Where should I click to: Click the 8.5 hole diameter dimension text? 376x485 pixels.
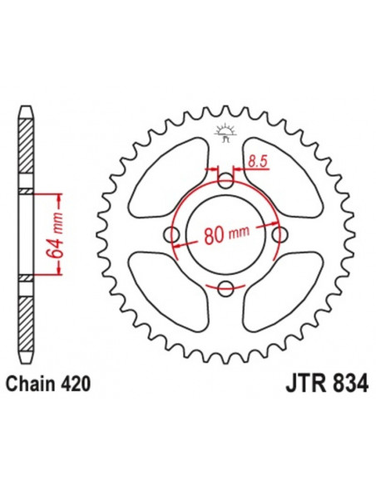(258, 161)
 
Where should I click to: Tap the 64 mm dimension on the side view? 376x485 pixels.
(55, 235)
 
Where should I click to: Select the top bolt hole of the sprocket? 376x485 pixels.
(225, 181)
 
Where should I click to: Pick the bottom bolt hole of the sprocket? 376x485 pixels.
(225, 288)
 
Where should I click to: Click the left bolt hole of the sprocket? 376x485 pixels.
(171, 235)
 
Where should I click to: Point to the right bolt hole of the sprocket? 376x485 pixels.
(280, 235)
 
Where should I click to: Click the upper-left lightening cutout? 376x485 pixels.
(168, 179)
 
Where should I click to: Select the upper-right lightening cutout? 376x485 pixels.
(284, 179)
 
